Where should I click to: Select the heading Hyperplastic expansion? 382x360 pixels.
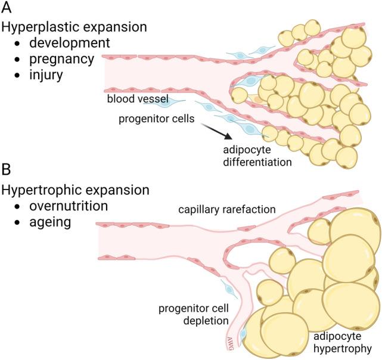tap(75, 27)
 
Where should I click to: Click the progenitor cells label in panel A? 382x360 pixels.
tap(156, 119)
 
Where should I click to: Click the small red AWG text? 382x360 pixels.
tap(229, 342)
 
